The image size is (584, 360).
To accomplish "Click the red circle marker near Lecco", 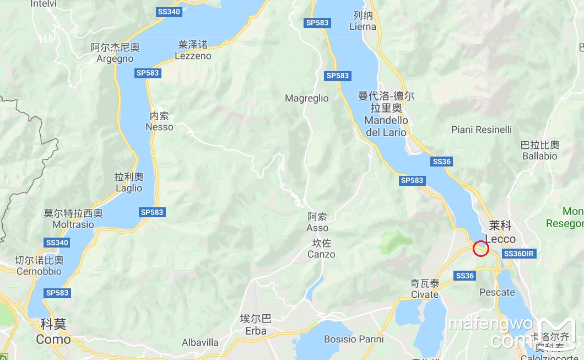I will pos(481,249).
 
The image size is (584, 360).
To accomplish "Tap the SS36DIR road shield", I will pos(519,254).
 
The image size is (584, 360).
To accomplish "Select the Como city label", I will pos(53,332).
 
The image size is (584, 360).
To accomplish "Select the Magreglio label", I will pos(306,99).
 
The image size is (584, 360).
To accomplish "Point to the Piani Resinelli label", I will pos(481,130).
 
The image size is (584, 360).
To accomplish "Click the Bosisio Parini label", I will pos(354,339).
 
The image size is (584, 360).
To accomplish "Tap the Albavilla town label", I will pos(200,342).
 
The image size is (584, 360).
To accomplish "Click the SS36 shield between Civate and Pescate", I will pos(465,276).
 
